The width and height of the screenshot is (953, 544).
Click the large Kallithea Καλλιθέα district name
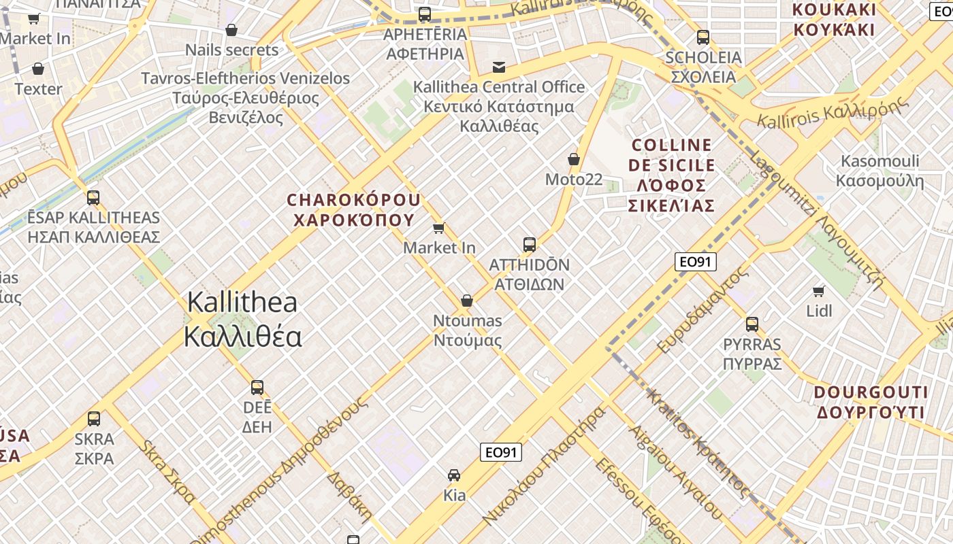click(242, 319)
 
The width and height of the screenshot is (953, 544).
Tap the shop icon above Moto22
click(574, 160)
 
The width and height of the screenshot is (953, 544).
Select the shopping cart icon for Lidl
click(819, 292)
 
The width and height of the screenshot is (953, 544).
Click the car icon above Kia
click(454, 475)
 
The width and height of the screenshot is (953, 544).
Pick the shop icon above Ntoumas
click(467, 301)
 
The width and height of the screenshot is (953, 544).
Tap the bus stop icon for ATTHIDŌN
click(530, 245)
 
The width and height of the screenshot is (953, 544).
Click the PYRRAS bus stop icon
click(752, 324)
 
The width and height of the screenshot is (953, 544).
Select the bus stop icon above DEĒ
click(257, 388)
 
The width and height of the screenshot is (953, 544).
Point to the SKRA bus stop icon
click(94, 419)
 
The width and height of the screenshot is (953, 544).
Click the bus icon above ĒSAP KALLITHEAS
click(93, 198)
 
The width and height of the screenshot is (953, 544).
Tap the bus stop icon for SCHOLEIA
click(703, 37)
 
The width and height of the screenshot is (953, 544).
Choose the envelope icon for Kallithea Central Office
click(499, 67)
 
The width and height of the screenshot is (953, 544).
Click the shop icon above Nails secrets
click(231, 30)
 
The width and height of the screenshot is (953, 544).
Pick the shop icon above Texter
click(38, 69)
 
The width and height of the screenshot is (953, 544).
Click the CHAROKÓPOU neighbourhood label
click(354, 209)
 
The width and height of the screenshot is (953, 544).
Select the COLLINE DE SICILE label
click(673, 175)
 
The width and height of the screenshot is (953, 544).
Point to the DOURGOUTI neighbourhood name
click(871, 402)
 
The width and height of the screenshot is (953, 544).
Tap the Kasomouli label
click(879, 171)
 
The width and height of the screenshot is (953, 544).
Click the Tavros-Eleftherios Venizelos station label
click(246, 98)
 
